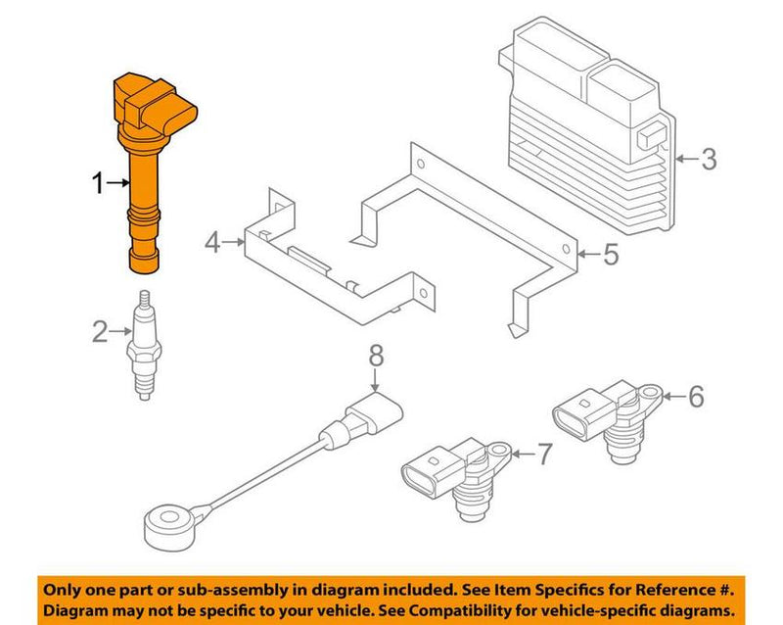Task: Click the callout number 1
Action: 98,182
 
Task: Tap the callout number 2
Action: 100,333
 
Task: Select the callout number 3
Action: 709,159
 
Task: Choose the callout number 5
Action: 609,256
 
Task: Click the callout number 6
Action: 695,397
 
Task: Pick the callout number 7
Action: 544,454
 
